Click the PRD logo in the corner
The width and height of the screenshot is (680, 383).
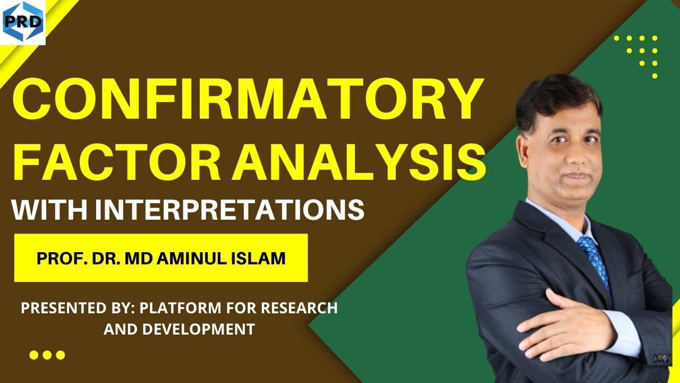tap(23, 22)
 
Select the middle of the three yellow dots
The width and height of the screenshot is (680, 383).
tap(47, 355)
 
